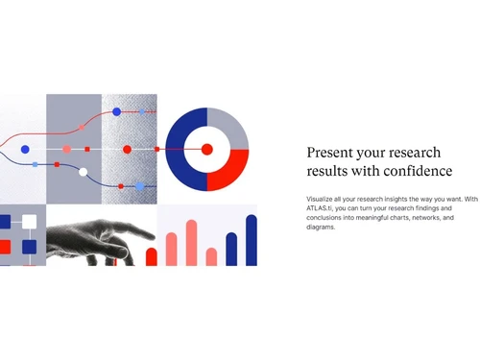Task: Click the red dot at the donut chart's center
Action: pyautogui.click(x=206, y=149)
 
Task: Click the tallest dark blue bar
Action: pyautogui.click(x=252, y=240)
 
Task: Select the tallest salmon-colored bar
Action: pyautogui.click(x=191, y=243)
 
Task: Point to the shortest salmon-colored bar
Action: pyautogui.click(x=211, y=256)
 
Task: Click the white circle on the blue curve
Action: pyautogui.click(x=84, y=173)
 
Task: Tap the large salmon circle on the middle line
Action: pyautogui.click(x=66, y=149)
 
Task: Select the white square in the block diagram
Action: pyautogui.click(x=30, y=222)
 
